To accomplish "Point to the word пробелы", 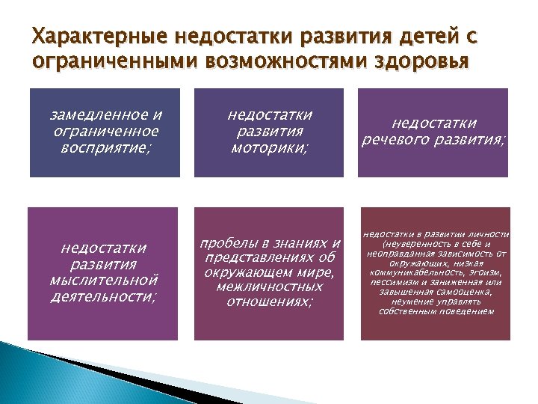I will point(229,243).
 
